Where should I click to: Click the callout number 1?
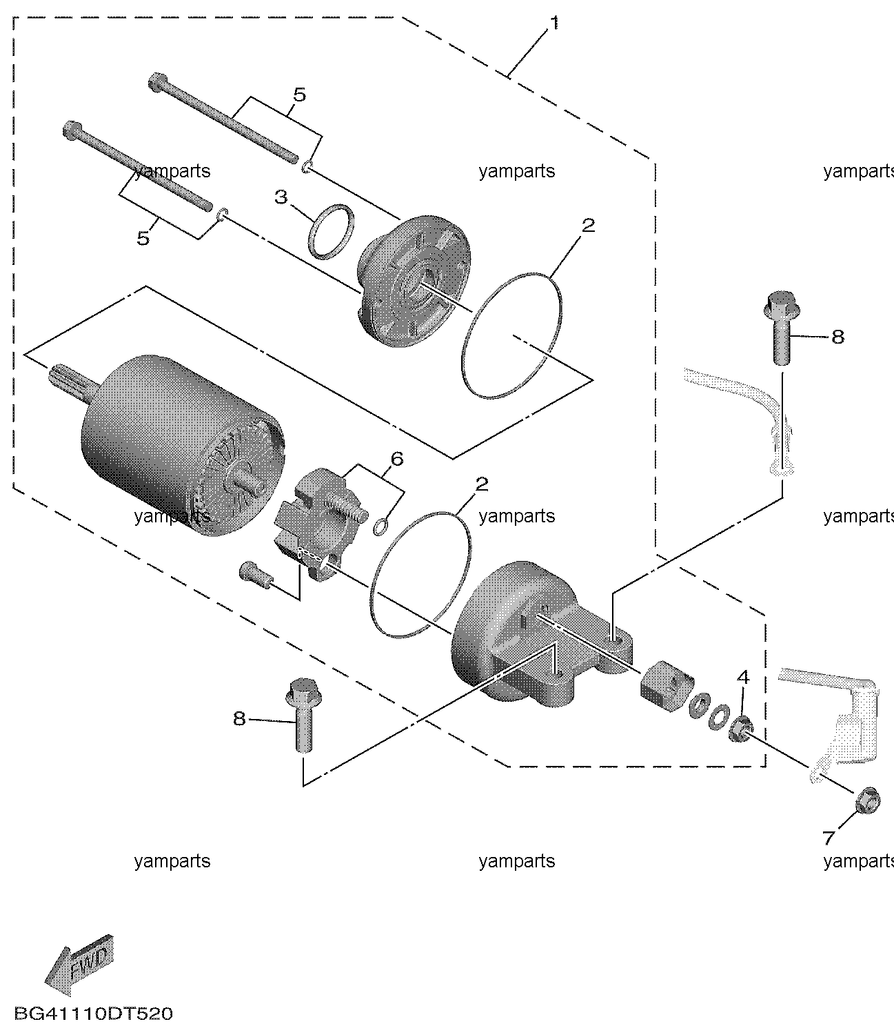coord(554,23)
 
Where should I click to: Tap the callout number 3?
coord(281,197)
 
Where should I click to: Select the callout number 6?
coord(397,459)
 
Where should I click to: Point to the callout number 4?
coord(744,678)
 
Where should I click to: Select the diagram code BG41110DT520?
coord(94,1014)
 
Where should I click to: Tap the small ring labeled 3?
coord(332,232)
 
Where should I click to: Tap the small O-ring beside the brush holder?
coord(381,526)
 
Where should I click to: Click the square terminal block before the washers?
coord(667,685)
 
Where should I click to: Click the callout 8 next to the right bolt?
coord(838,337)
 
